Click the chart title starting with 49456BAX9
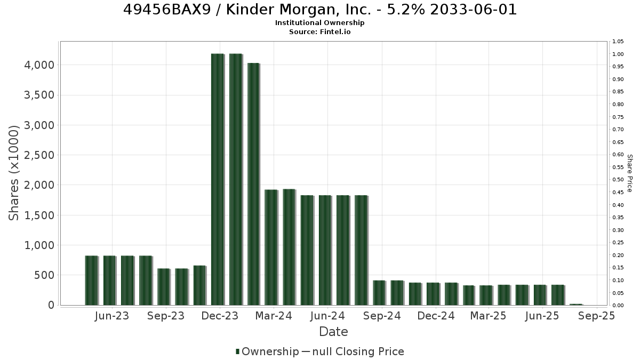(320, 10)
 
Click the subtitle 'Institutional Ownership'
(319, 23)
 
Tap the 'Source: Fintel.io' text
(319, 31)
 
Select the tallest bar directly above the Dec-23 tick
(218, 179)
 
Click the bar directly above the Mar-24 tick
(271, 247)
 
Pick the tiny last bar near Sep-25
(576, 305)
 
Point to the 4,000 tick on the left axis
(39, 65)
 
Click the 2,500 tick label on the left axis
(39, 155)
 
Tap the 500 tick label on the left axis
(44, 275)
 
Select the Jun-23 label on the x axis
(111, 316)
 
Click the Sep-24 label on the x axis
(382, 316)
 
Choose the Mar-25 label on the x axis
(489, 316)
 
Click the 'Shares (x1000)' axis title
(14, 173)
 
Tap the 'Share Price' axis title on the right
(629, 173)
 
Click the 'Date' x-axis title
(333, 332)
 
